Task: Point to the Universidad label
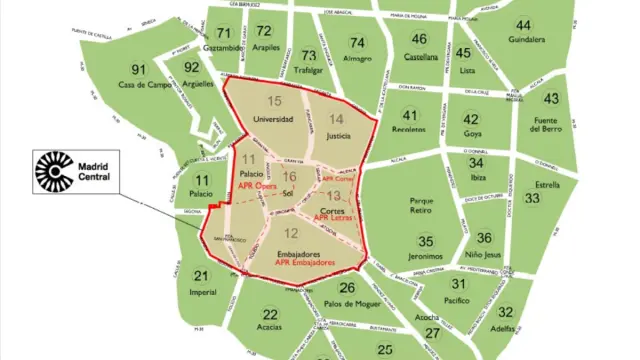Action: point(273,120)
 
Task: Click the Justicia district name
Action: point(338,137)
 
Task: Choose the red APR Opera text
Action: point(256,186)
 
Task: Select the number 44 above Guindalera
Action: point(524,25)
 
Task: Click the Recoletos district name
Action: point(408,131)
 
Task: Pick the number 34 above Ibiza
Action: point(477,162)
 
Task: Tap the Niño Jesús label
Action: point(484,254)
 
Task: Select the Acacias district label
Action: point(270,329)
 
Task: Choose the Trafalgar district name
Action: point(310,70)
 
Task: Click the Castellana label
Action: point(420,56)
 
